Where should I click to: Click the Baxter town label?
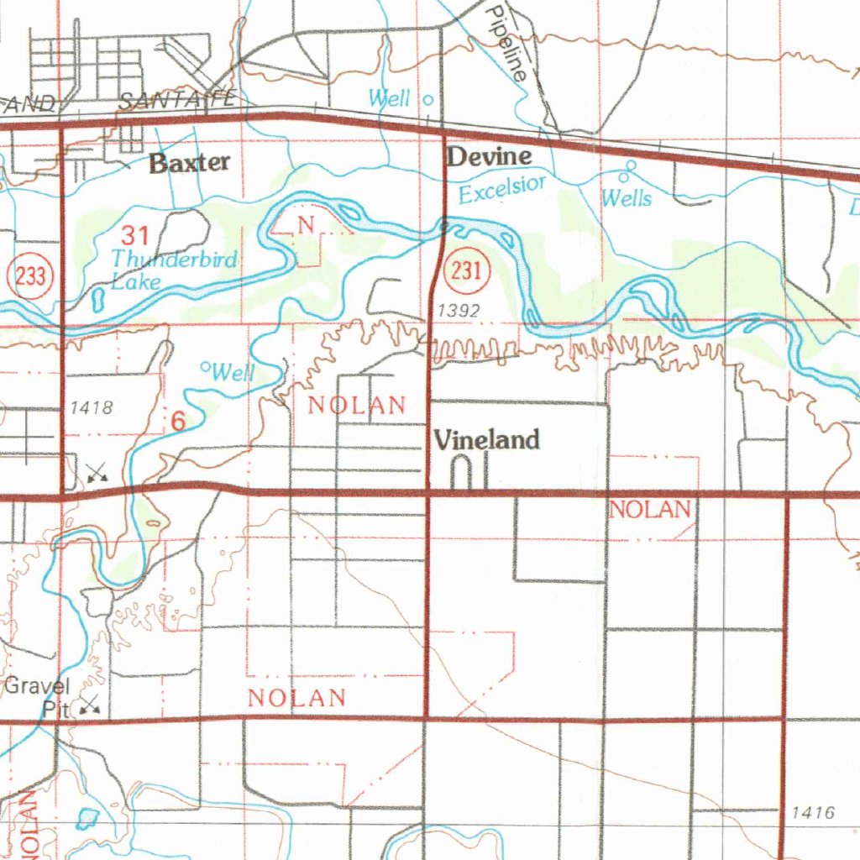[x=189, y=163]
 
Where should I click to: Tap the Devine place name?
[x=489, y=156]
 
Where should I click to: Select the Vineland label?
[x=486, y=439]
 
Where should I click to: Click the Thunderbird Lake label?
[x=174, y=270]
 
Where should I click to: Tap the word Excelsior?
[x=502, y=189]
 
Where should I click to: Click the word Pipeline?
[x=509, y=42]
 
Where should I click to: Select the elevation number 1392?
[x=459, y=312]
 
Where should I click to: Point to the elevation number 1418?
[x=92, y=408]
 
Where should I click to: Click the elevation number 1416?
[x=813, y=812]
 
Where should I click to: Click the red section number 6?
[x=177, y=422]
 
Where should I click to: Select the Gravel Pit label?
[x=39, y=696]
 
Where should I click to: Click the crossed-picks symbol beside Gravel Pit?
[x=90, y=706]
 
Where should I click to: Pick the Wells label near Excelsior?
[x=626, y=198]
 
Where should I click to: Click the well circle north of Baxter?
[x=427, y=100]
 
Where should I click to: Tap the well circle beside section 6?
[x=205, y=366]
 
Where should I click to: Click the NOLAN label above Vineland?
[x=357, y=405]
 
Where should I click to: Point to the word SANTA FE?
[x=177, y=101]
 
